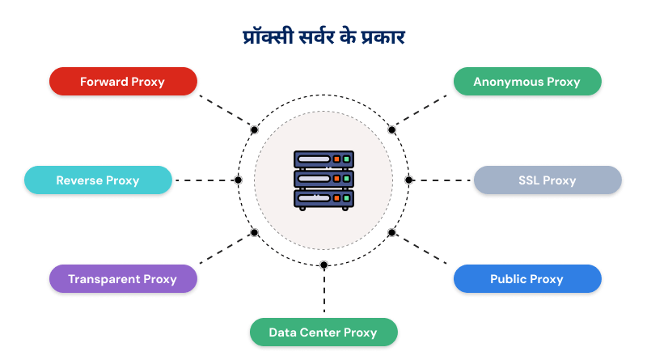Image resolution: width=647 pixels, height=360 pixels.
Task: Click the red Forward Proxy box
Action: [x=122, y=82]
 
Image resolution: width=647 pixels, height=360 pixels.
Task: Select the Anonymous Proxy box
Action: [x=526, y=82]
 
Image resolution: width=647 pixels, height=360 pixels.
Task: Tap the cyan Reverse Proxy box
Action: [x=98, y=180]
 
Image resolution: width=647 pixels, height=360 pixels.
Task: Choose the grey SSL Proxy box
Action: [x=548, y=180]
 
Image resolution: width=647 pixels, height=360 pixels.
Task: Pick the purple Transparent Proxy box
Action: [x=122, y=279]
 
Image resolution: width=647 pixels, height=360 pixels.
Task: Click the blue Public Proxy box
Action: [x=526, y=279]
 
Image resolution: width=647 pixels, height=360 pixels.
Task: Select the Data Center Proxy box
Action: [x=323, y=332]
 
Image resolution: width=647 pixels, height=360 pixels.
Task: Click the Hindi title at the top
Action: [x=323, y=36]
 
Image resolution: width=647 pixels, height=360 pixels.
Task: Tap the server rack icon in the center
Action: [x=323, y=180]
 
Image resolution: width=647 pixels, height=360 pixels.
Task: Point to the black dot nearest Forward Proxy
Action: [x=255, y=129]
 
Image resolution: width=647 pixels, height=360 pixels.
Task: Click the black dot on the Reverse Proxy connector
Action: [x=238, y=180]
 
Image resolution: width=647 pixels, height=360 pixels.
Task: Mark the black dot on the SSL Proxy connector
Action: [x=408, y=180]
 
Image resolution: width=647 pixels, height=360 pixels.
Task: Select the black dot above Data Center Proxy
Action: [x=323, y=265]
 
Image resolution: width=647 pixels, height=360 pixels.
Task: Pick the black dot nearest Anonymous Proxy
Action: [x=391, y=129]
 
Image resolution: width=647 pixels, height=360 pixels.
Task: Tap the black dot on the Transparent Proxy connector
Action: [x=255, y=232]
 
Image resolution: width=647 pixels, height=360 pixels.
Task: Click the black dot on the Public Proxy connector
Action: [x=391, y=232]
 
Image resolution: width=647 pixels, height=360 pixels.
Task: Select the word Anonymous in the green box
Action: [x=508, y=82]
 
